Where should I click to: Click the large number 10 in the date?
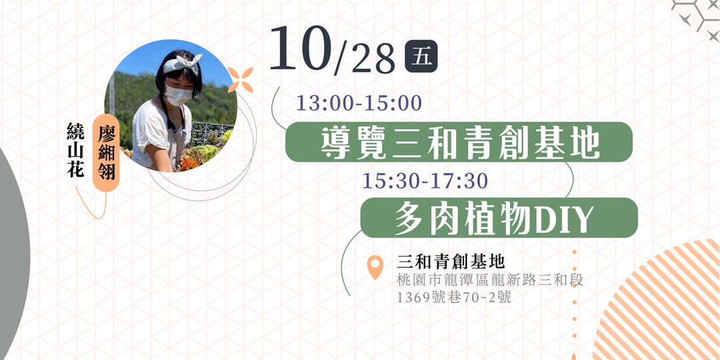click(300, 50)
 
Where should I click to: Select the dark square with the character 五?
click(421, 57)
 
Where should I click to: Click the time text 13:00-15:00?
click(359, 103)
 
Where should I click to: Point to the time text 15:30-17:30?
click(425, 181)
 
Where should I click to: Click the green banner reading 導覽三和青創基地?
click(459, 142)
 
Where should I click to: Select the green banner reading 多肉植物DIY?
click(499, 217)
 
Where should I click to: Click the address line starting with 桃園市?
click(490, 280)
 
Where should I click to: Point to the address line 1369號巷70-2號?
click(454, 297)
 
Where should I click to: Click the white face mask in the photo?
click(178, 95)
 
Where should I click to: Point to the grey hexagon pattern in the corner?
click(697, 16)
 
